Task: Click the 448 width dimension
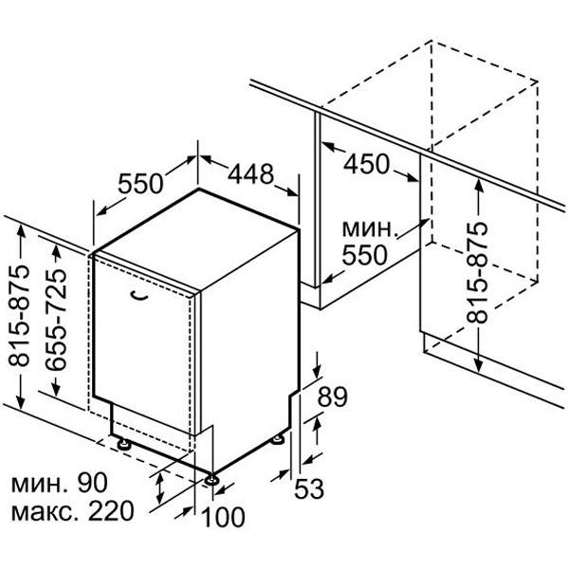[x=250, y=174]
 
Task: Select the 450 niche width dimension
[x=366, y=164]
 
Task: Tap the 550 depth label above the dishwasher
[x=140, y=184]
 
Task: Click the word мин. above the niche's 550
[x=368, y=229]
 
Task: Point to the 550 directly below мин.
[x=365, y=255]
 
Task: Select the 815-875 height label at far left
[x=19, y=316]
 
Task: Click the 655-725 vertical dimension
[x=56, y=320]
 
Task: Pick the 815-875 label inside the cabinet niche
[x=477, y=272]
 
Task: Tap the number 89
[x=333, y=396]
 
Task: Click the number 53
[x=309, y=488]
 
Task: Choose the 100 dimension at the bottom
[x=223, y=517]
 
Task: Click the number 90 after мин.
[x=93, y=483]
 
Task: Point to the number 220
[x=111, y=511]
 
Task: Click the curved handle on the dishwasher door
[x=138, y=296]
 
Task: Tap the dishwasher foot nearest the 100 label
[x=211, y=480]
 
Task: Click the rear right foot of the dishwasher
[x=278, y=439]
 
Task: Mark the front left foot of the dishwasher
[x=124, y=444]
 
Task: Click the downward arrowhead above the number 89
[x=317, y=372]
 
